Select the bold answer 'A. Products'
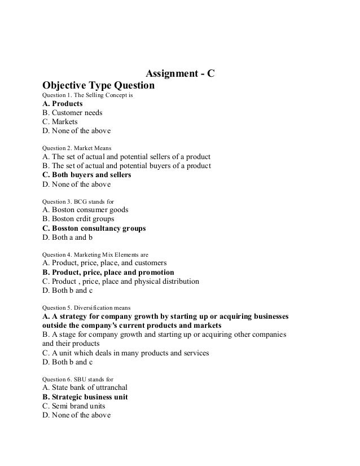tap(63, 104)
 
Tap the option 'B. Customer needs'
tap(72, 112)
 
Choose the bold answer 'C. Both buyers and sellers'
tap(87, 175)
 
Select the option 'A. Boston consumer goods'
tap(85, 210)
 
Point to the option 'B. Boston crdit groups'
tap(78, 219)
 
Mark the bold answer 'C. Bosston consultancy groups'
tap(94, 228)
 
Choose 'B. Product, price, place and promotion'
tap(108, 272)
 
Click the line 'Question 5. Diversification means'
tap(86, 307)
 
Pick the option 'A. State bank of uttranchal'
tap(85, 388)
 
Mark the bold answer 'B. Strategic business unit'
tap(85, 397)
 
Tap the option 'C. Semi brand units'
tap(74, 406)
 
